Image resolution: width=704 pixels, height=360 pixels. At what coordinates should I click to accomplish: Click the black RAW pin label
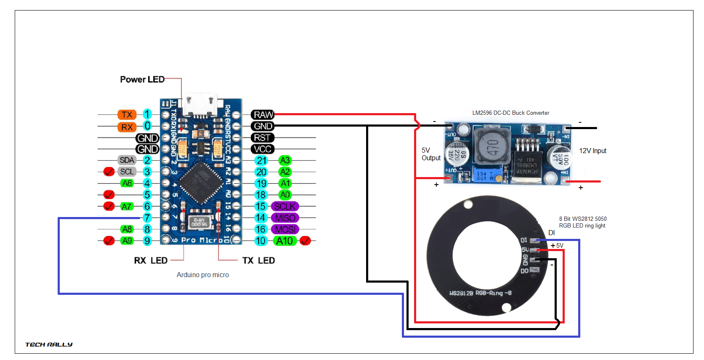click(263, 114)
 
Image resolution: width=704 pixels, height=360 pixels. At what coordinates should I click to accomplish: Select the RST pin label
click(263, 138)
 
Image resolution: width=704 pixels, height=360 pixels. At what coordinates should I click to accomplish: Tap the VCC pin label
click(263, 149)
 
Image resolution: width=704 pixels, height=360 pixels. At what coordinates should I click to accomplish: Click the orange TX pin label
click(127, 115)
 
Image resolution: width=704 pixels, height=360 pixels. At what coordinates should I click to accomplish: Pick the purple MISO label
click(285, 218)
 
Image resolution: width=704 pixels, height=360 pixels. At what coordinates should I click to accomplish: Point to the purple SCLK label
click(285, 206)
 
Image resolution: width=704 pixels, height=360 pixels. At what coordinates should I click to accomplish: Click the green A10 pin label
click(285, 241)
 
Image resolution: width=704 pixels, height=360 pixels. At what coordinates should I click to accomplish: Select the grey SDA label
click(127, 160)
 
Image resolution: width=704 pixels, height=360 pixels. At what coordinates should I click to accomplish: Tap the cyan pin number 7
click(147, 218)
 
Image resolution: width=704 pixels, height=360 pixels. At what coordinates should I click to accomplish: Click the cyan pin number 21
click(262, 161)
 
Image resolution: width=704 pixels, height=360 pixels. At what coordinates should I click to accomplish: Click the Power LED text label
click(142, 79)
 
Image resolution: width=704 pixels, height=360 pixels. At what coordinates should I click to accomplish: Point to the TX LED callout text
click(258, 261)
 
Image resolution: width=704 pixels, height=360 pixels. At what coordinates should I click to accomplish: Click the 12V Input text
click(592, 151)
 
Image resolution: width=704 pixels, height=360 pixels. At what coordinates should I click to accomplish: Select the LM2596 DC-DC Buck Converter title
click(510, 113)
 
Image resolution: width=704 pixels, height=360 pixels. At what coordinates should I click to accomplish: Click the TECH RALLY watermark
click(49, 344)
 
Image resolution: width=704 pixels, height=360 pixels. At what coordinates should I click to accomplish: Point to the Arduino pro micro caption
click(202, 275)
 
